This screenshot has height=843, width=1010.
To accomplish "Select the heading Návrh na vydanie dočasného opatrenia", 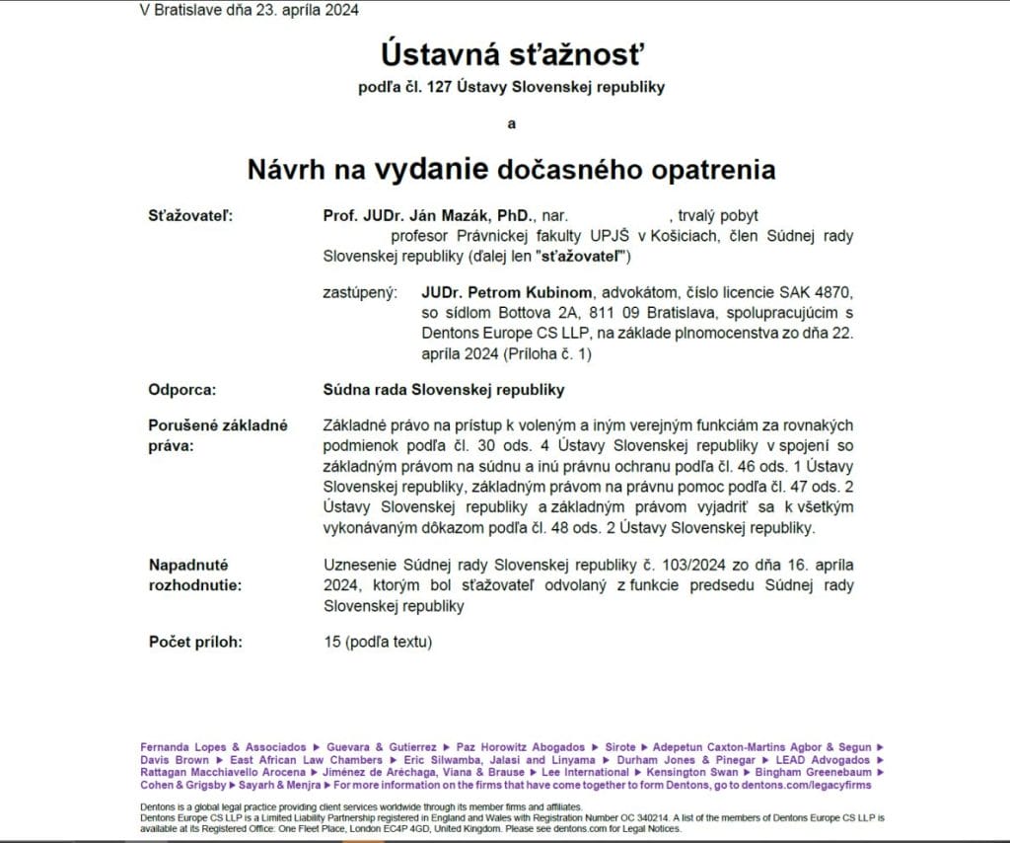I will click(511, 169).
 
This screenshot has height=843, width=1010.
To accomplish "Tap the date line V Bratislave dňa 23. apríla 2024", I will click(250, 11).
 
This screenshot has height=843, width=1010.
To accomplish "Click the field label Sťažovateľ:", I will click(190, 215).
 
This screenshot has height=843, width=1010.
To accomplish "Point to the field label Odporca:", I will click(181, 389).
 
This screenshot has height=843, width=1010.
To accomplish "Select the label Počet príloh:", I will click(195, 642).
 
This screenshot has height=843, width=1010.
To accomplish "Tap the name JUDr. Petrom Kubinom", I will click(507, 292).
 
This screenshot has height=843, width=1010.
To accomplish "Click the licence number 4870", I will click(834, 292).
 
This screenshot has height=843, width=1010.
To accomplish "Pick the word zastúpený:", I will click(360, 292).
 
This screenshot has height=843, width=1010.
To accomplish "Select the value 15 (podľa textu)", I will click(378, 642).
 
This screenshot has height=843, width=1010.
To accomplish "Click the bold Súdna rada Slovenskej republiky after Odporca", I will click(444, 389).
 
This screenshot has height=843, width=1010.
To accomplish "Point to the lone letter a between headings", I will click(511, 123).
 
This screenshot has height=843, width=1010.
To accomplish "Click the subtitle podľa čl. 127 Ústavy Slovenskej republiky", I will click(511, 87).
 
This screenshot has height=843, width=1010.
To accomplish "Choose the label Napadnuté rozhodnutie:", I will click(188, 575).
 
